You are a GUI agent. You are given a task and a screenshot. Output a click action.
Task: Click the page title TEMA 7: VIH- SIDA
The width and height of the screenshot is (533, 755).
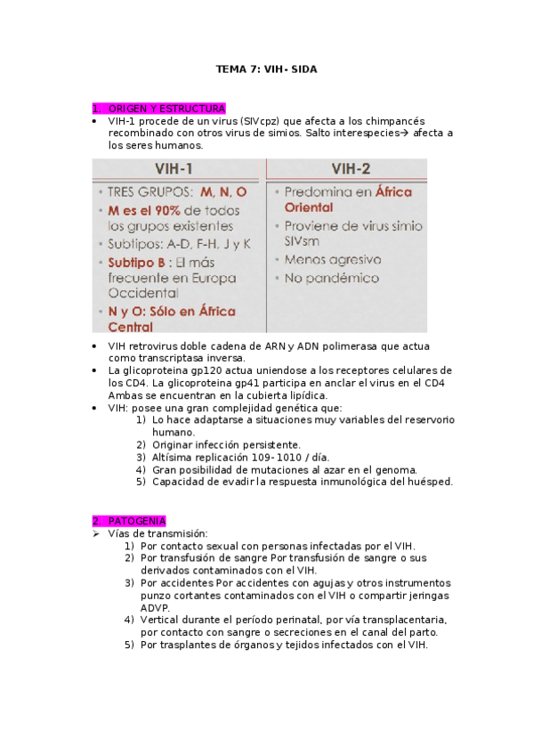266,69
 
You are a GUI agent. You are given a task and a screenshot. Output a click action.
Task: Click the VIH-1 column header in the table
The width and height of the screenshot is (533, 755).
174,168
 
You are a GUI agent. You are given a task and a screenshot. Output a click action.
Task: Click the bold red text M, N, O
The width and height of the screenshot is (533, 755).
223,192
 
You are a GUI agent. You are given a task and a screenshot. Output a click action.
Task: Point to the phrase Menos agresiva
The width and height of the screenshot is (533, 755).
333,260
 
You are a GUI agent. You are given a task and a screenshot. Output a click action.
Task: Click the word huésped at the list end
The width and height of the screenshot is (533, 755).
430,482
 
